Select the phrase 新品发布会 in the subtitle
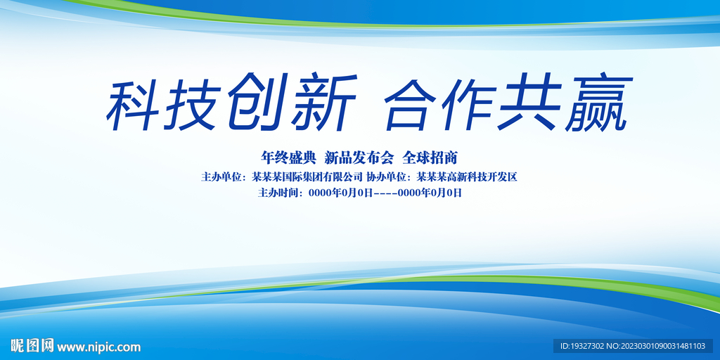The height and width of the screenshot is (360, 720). point(359,156)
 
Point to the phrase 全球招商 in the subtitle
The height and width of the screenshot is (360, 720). point(430,156)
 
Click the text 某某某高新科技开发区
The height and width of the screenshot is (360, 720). point(467,176)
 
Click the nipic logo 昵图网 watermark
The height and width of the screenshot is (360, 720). point(32,346)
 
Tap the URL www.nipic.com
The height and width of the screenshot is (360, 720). point(99,347)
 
